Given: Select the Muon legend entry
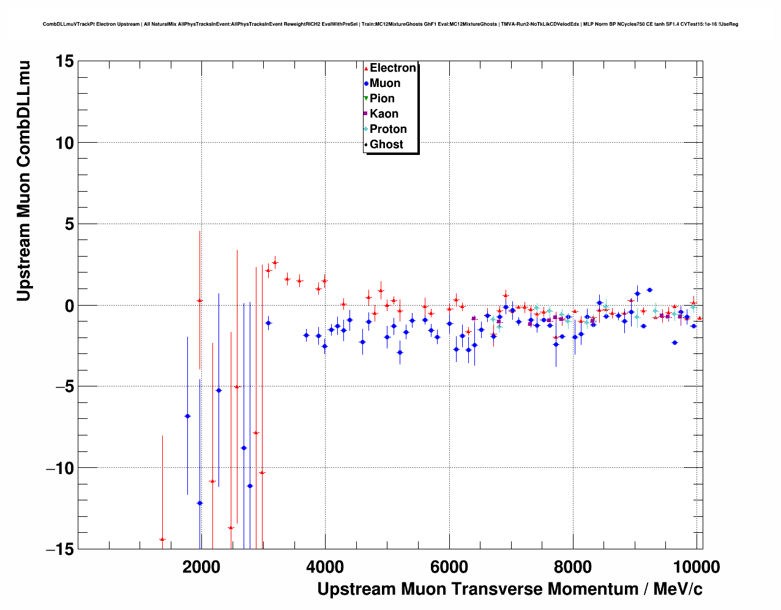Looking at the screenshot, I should coord(384,83).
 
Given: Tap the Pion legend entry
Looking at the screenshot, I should coord(381,99).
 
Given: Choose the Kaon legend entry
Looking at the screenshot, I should coord(383,114).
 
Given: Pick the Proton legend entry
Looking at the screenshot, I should coord(387,129).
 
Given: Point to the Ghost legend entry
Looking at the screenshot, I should coord(386,145).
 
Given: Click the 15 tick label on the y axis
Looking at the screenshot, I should coord(63,61).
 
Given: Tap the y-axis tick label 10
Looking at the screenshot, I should coord(63,143).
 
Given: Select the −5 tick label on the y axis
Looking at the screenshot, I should coord(59,386).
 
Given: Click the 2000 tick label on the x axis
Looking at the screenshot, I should coord(201,567).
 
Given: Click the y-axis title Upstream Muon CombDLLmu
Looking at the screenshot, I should coord(23,181).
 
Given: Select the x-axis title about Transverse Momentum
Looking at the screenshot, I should coord(509,589).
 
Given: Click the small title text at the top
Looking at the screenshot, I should coord(390,24).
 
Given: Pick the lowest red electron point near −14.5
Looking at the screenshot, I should coord(162,540).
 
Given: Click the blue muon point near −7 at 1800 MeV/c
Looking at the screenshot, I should coord(187,416).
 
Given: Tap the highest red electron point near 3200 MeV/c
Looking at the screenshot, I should coord(275,262).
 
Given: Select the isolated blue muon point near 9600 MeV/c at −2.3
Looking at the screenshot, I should coord(674,342).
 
